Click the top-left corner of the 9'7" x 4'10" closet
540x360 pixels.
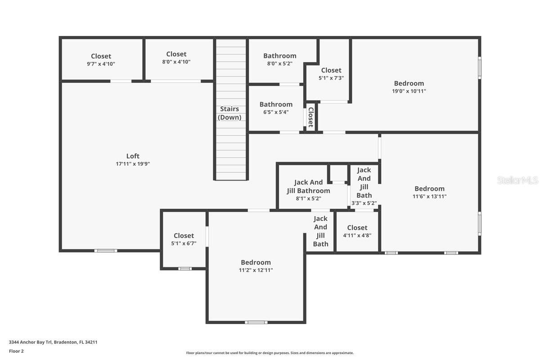[x=62, y=39]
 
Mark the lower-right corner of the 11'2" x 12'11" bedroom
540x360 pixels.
[x=303, y=321]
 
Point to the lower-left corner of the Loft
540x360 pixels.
[x=62, y=249]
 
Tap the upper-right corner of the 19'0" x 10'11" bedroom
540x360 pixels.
[x=478, y=39]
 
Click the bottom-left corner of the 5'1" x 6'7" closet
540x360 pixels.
[x=163, y=267]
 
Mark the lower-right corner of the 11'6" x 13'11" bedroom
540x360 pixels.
[x=478, y=252]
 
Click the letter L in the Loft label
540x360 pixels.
[x=128, y=156]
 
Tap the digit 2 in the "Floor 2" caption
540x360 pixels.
[x=22, y=351]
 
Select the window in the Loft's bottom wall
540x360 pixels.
[x=106, y=251]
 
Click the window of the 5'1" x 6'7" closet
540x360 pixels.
[x=185, y=269]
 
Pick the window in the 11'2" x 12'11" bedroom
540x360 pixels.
[x=256, y=322]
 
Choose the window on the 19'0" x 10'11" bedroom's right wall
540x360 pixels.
[x=480, y=68]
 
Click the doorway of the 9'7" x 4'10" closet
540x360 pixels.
[x=121, y=81]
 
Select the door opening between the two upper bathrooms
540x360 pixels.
[x=289, y=85]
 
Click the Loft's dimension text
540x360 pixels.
[x=133, y=164]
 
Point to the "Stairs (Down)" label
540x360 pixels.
[x=229, y=113]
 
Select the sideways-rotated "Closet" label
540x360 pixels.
[x=311, y=117]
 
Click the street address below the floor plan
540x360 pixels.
[x=53, y=342]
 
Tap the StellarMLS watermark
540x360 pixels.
[x=518, y=180]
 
